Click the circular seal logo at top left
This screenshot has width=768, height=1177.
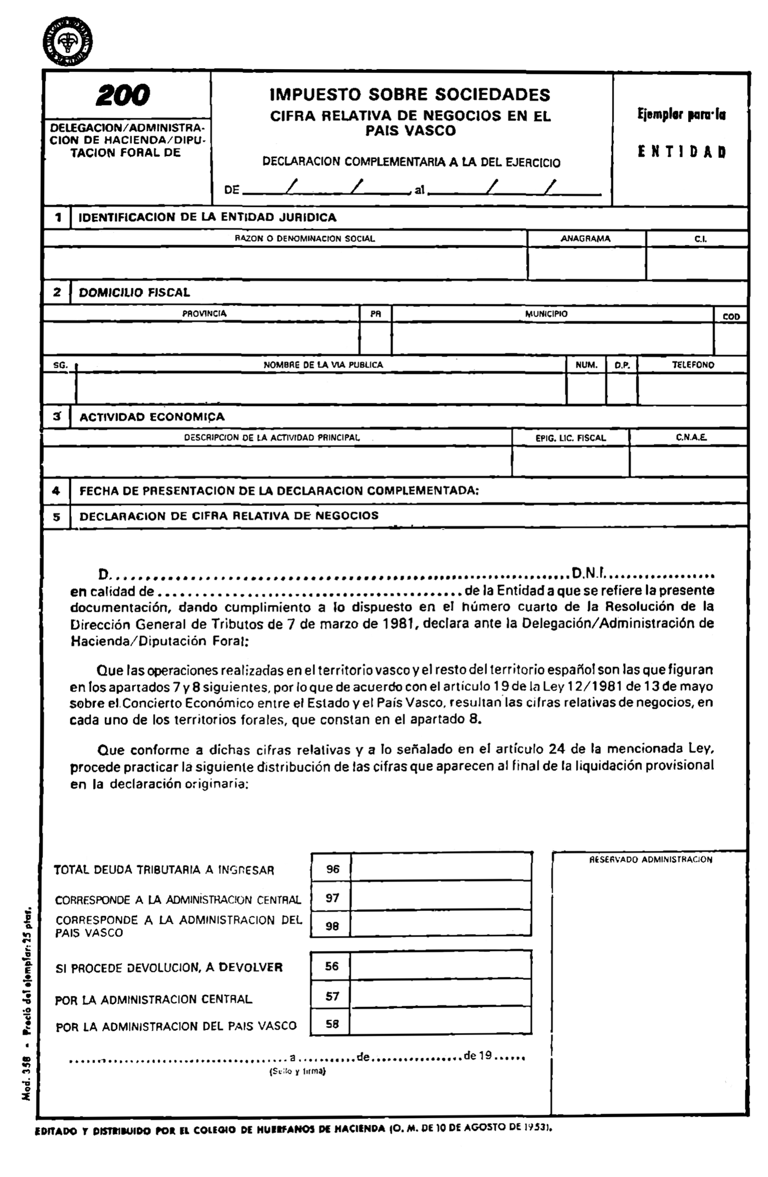tap(68, 42)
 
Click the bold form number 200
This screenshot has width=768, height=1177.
tap(123, 95)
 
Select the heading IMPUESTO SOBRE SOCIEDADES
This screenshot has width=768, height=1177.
tap(410, 95)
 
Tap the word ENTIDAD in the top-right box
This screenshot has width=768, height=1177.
tap(681, 152)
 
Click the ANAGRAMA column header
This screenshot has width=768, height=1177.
tap(585, 239)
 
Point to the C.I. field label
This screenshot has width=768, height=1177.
tap(700, 239)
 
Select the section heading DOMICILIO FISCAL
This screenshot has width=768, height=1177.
tap(134, 292)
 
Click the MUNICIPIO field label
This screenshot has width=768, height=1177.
tap(546, 314)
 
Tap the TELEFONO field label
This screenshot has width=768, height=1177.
tap(693, 365)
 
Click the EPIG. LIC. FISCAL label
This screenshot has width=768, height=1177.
tap(570, 438)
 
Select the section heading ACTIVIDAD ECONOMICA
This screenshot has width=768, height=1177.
tap(152, 417)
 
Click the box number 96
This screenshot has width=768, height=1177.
tap(332, 869)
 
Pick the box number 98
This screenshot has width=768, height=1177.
tap(332, 926)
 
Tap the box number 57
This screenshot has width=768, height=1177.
tap(332, 996)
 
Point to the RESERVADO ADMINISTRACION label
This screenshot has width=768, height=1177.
tap(650, 860)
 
